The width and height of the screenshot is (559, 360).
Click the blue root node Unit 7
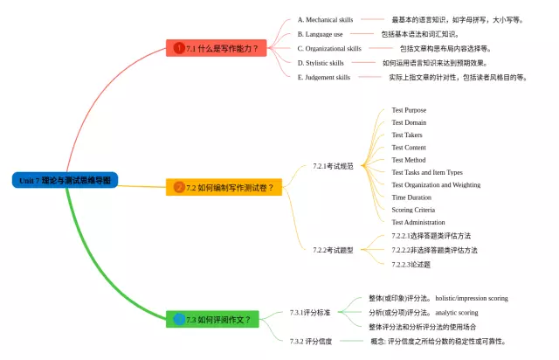coord(63,181)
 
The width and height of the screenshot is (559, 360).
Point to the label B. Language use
coord(321,34)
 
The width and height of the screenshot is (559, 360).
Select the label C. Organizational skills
coord(329,48)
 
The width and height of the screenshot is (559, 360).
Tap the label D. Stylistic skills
coord(321,63)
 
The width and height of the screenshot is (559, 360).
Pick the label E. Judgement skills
coord(324,77)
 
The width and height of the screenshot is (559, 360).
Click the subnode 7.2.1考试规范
coord(334,166)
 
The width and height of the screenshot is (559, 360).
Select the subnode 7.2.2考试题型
coord(334,250)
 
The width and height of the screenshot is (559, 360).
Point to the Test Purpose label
coord(409,110)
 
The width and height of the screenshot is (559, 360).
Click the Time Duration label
coord(412,197)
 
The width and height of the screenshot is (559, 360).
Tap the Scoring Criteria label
coord(414,210)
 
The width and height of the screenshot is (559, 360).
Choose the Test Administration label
coord(418,223)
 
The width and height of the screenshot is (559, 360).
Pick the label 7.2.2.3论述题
coord(411,264)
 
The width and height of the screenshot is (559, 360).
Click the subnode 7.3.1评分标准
coord(311,312)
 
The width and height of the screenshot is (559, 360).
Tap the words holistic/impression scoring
coord(472,298)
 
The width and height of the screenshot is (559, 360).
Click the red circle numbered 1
coord(179,48)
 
